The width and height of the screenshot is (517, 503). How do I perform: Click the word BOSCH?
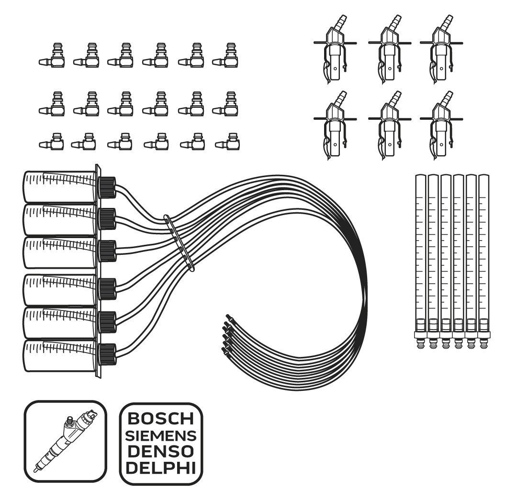click(160, 419)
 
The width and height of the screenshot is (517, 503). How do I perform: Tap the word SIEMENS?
click(160, 436)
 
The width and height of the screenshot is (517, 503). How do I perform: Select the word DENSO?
click(160, 451)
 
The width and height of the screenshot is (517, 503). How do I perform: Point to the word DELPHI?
click(160, 468)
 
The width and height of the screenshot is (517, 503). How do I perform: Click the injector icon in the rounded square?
click(65, 441)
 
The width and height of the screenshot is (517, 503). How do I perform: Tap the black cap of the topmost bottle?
click(107, 187)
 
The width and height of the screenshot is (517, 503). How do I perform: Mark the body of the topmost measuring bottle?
click(60, 187)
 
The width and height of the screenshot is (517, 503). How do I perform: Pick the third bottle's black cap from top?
click(107, 251)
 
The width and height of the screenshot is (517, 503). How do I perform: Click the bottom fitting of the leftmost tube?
click(421, 342)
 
